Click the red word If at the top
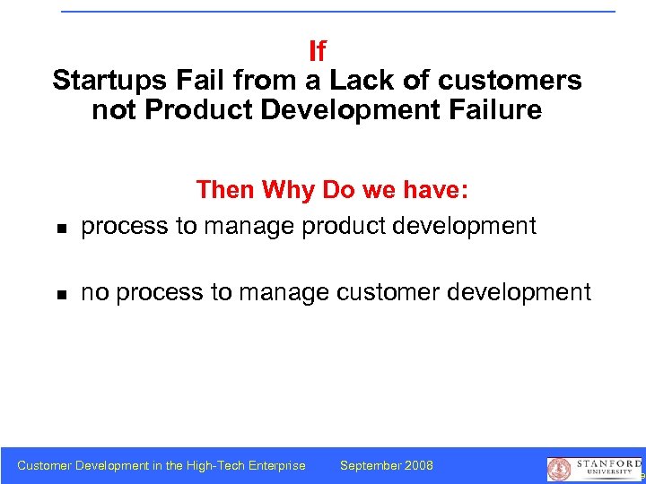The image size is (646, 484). pyautogui.click(x=317, y=50)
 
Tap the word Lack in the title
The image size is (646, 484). pyautogui.click(x=356, y=81)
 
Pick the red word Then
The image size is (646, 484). pyautogui.click(x=225, y=190)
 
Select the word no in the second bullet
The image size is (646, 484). pyautogui.click(x=94, y=292)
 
